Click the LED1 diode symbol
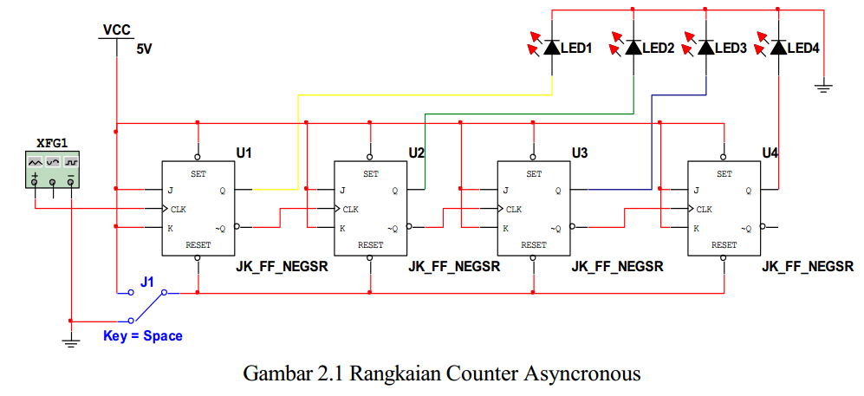pos(552,47)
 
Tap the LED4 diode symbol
pos(777,47)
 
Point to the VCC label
pos(116,30)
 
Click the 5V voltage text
pos(144,50)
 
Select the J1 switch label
pos(147,282)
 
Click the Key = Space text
pos(143,335)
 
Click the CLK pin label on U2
pos(350,209)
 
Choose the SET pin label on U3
pos(534,173)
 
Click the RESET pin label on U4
pos(724,245)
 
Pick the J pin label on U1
pos(171,191)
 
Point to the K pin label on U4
pos(696,229)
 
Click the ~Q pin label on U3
pos(555,229)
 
